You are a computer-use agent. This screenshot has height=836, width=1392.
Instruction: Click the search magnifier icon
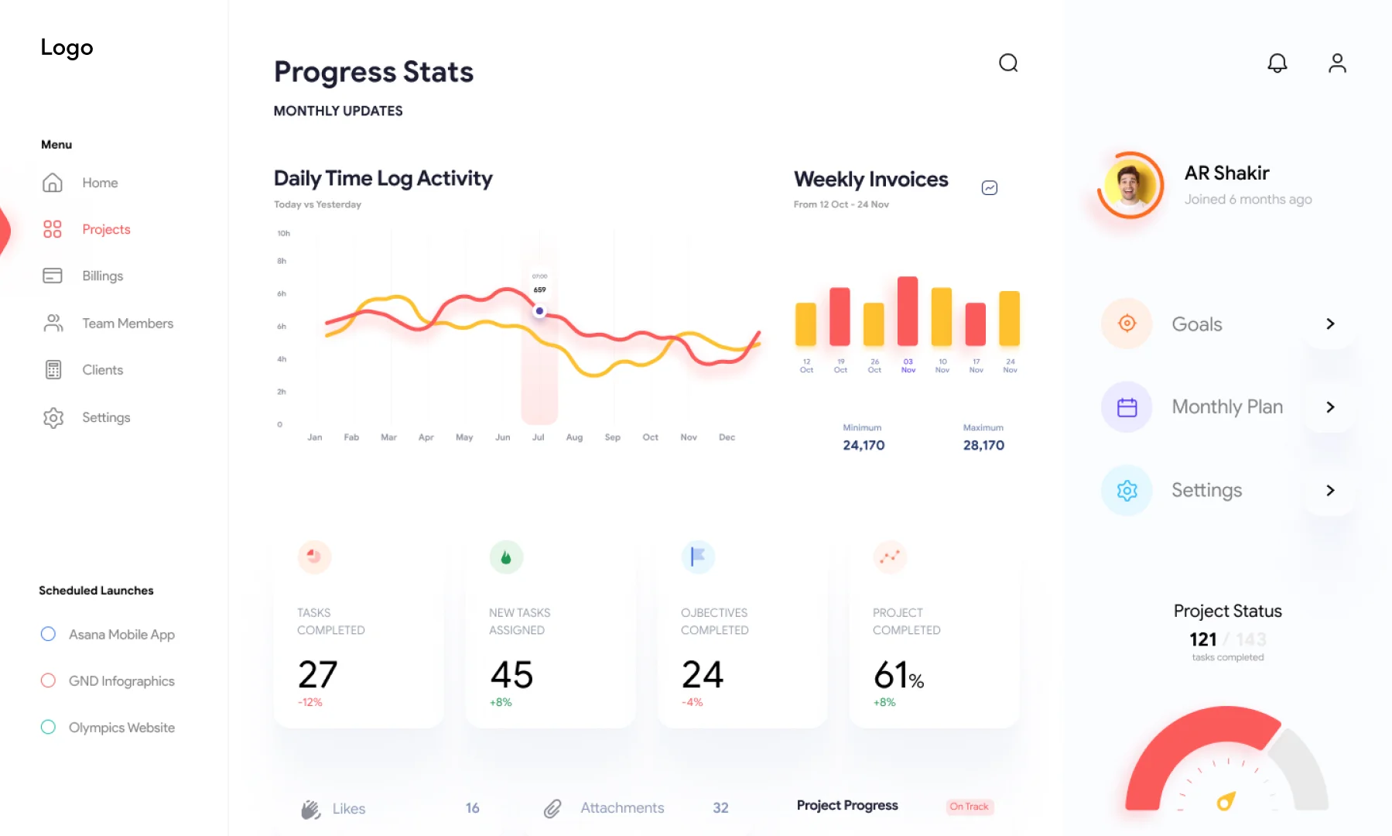(1008, 63)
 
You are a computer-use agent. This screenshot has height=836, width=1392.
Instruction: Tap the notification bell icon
(1277, 63)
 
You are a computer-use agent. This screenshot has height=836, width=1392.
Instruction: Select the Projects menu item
(106, 229)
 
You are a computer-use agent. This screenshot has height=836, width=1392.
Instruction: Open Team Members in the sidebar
(128, 324)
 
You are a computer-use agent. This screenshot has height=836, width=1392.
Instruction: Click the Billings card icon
(53, 276)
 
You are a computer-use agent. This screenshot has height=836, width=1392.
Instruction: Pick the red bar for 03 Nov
(908, 311)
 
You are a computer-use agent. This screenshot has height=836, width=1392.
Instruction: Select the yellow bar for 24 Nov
(1009, 318)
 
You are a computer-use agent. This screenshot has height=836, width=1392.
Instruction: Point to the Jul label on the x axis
(539, 437)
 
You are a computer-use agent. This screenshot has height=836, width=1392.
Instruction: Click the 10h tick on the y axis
(283, 233)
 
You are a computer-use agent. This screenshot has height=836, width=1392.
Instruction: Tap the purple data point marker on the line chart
(539, 311)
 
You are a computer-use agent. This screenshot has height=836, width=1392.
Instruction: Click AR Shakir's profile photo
(1130, 186)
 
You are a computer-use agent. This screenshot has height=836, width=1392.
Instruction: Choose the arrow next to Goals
(1330, 324)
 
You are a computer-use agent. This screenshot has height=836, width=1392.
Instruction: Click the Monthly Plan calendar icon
(1127, 407)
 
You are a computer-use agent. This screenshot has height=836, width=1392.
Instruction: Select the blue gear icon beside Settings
(1127, 490)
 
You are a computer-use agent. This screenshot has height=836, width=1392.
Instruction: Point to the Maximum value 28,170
(983, 445)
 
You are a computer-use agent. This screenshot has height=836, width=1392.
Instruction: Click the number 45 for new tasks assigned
(511, 675)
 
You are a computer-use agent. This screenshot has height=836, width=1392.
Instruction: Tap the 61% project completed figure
(898, 675)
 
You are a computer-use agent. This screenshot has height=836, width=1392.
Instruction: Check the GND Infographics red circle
(48, 680)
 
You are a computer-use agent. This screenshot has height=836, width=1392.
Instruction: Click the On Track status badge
(969, 807)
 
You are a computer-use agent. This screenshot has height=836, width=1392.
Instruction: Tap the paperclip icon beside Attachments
(552, 809)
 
